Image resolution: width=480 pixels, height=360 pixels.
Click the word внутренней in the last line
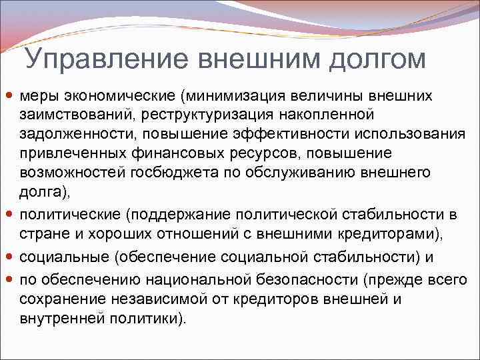tap(59, 319)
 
